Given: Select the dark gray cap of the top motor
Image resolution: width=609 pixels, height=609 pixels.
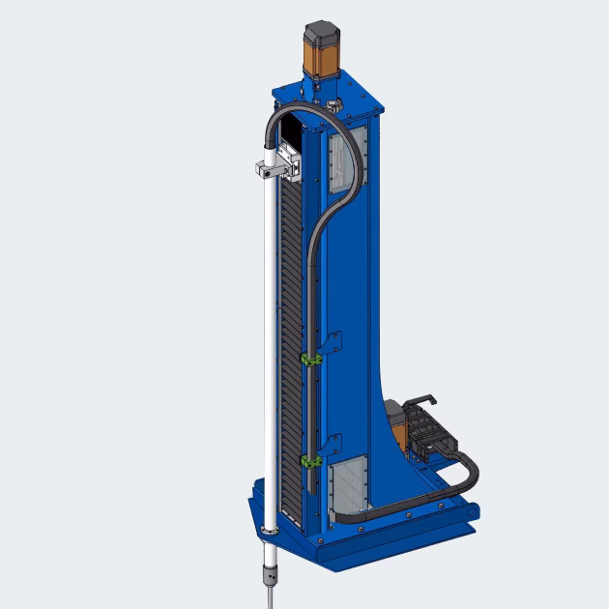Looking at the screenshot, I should point(324,31).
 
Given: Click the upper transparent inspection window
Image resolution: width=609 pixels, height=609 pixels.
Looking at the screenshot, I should point(343,159).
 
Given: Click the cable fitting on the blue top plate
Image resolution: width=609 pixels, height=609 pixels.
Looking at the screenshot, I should point(335,101).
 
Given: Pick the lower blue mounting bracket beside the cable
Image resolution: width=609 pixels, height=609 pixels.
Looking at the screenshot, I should point(333,445).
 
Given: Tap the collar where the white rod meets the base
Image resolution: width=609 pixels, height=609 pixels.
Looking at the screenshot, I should point(270,530).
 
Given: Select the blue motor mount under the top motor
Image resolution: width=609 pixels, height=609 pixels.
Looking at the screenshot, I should point(324,83).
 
